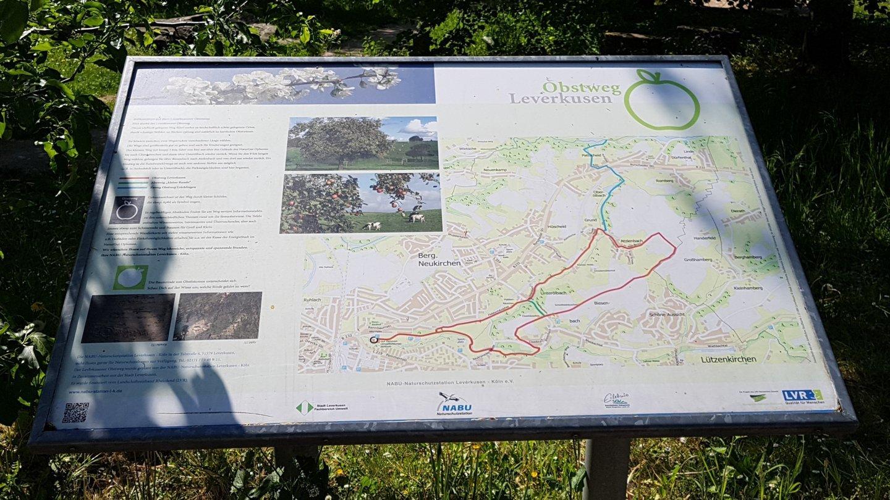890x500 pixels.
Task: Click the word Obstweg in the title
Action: coord(582,87)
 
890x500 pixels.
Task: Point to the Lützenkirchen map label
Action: coord(728,359)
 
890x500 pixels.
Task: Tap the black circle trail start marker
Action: coord(373,339)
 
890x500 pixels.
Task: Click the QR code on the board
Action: coord(75,412)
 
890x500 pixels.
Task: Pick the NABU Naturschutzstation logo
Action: coord(454,404)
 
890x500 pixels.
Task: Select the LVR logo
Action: coord(802,396)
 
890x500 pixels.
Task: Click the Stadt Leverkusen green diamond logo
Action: coord(304,407)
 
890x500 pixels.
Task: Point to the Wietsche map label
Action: coord(468,149)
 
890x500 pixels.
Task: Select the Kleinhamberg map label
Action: coord(748,288)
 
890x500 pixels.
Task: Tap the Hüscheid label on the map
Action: coord(556,227)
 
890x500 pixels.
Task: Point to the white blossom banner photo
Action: coord(282,86)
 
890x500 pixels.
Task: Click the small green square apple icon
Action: coord(130,278)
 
